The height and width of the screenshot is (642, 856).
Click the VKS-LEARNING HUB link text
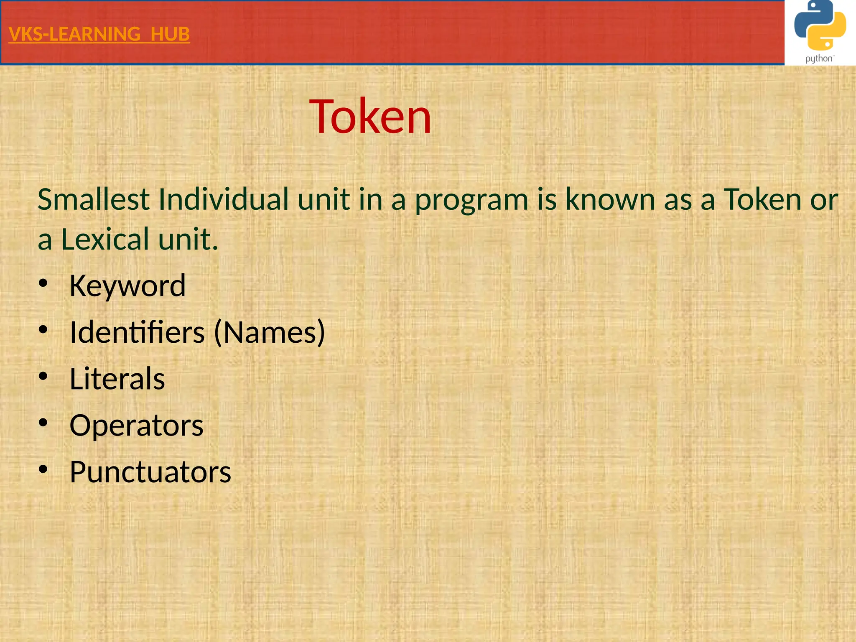point(99,34)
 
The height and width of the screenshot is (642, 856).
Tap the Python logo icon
point(820,26)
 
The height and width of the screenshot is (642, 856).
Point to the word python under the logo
point(819,59)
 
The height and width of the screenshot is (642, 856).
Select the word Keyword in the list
point(127,286)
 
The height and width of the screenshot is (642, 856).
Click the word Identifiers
point(137,332)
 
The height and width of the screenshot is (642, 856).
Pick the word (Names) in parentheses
point(270,332)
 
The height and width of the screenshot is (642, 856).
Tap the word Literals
point(117,379)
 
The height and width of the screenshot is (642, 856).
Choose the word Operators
point(136,425)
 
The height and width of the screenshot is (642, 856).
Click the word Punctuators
point(150,472)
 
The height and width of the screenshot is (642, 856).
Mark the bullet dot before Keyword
point(43,284)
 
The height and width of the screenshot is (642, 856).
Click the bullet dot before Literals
point(43,377)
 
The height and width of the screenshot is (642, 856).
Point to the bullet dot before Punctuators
point(43,469)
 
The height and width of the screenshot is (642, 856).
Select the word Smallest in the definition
point(94,199)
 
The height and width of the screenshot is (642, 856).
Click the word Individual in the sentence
point(224,199)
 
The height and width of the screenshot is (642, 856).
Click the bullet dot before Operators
point(43,423)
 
